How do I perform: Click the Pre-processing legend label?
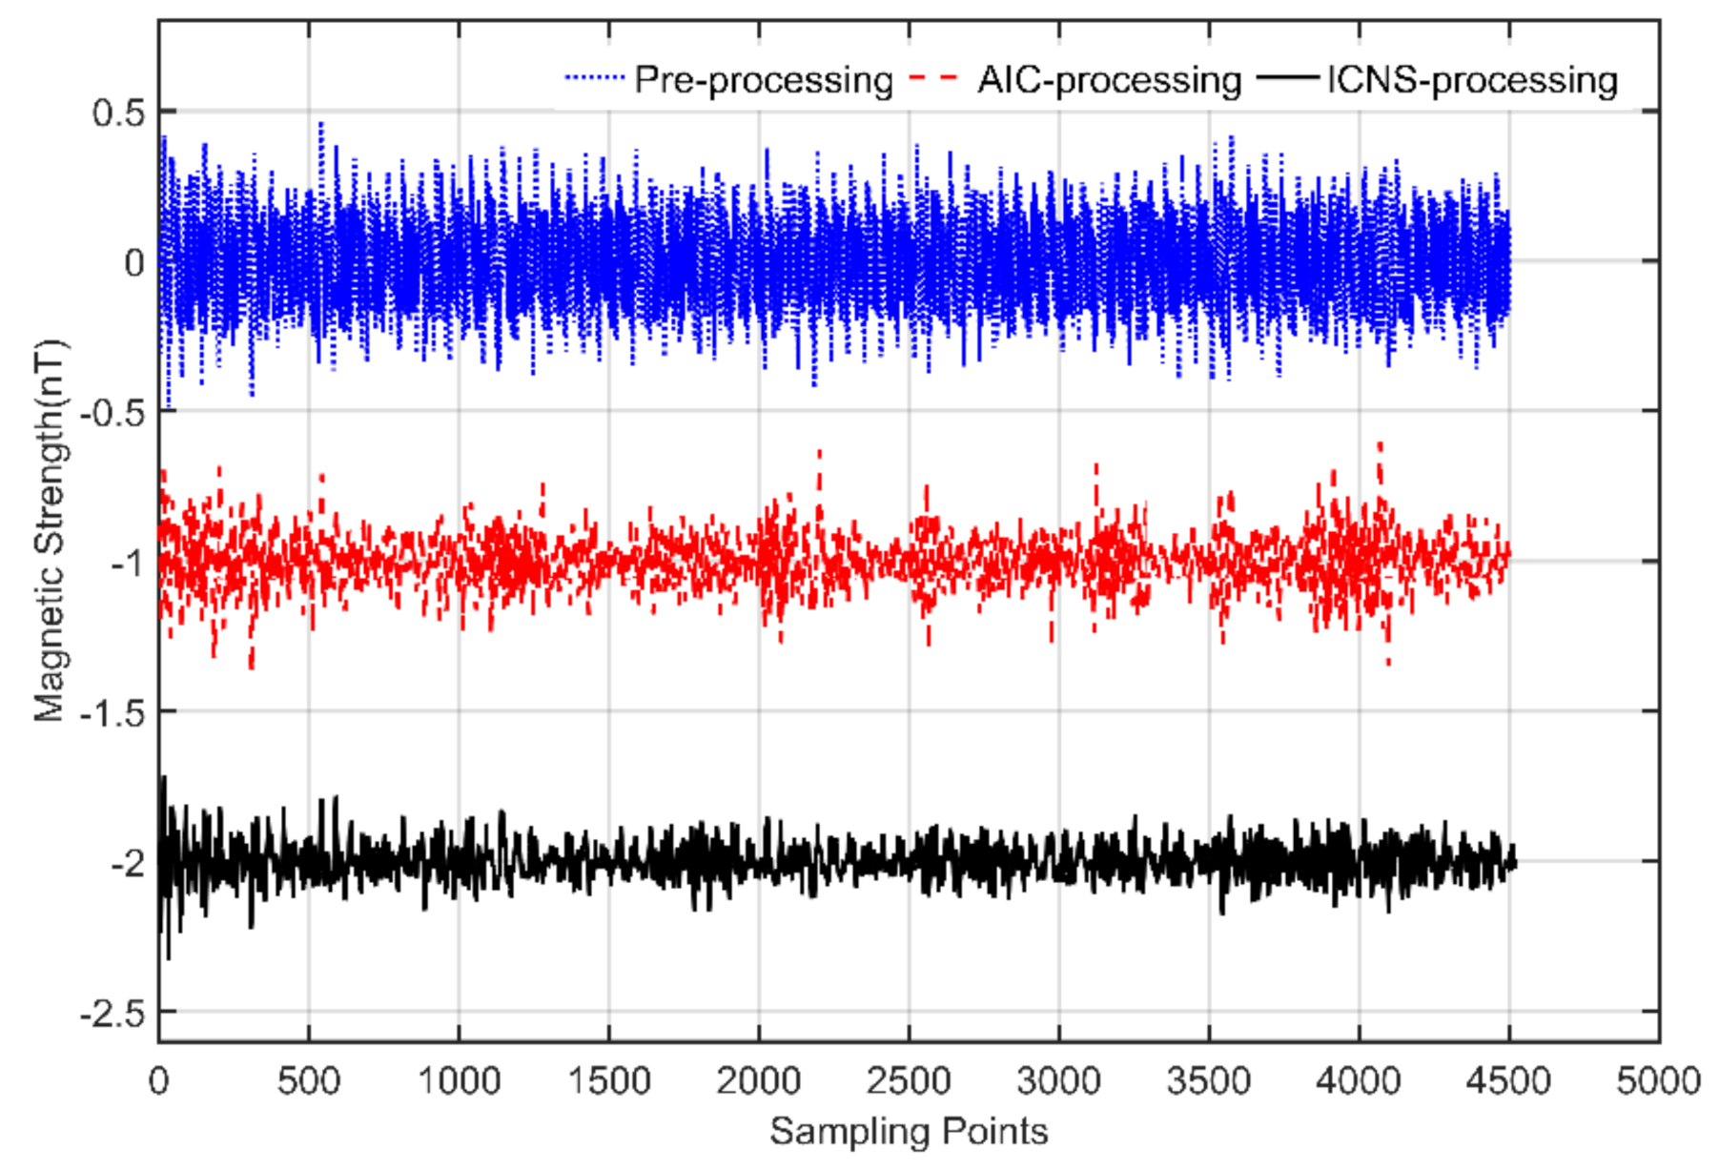[763, 80]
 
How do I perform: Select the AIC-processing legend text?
[1109, 80]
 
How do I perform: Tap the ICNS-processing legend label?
[1472, 80]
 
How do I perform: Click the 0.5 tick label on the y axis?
[118, 113]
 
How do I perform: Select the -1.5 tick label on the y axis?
[112, 712]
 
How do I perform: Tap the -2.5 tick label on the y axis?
[112, 1013]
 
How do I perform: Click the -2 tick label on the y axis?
[127, 863]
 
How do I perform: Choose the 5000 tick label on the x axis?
[1658, 1081]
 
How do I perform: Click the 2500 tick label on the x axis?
[909, 1081]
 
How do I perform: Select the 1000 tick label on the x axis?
[459, 1081]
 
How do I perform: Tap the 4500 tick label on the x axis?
[1508, 1081]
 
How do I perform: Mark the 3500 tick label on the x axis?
[1208, 1081]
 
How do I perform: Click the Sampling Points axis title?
[909, 1132]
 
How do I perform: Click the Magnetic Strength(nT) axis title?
[51, 530]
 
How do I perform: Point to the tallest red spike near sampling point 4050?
[1379, 446]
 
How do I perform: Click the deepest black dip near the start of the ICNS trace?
[169, 956]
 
